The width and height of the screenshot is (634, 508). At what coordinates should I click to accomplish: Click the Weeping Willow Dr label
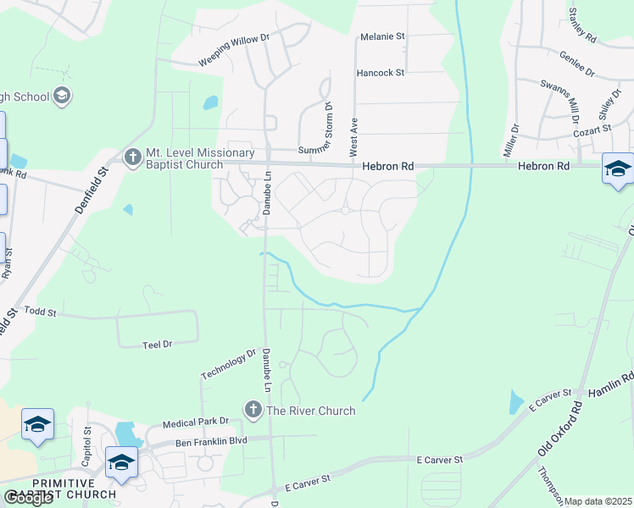pyautogui.click(x=234, y=50)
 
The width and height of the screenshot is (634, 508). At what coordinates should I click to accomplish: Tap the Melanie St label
pyautogui.click(x=383, y=37)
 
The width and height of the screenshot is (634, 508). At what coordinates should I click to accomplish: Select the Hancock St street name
pyautogui.click(x=381, y=74)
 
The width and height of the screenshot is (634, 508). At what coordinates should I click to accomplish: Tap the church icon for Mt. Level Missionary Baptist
pyautogui.click(x=132, y=157)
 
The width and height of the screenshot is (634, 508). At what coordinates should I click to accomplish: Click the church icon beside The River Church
pyautogui.click(x=253, y=411)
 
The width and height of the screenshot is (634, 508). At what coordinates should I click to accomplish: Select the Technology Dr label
pyautogui.click(x=228, y=364)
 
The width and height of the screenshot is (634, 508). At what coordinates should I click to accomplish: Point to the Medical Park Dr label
pyautogui.click(x=196, y=422)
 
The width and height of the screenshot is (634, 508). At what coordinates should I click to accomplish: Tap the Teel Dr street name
pyautogui.click(x=157, y=344)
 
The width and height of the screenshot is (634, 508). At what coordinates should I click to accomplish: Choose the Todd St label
pyautogui.click(x=40, y=312)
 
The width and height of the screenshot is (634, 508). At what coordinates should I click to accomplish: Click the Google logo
pyautogui.click(x=28, y=498)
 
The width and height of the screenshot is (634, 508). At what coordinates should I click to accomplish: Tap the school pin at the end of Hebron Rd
pyautogui.click(x=618, y=169)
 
